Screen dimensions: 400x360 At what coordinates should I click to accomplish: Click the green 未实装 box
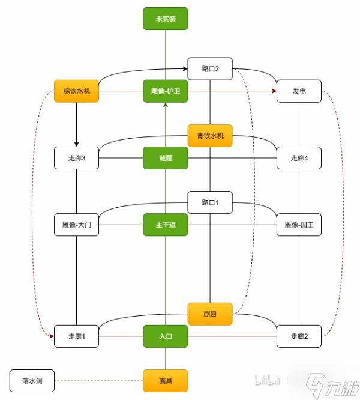tap(166, 19)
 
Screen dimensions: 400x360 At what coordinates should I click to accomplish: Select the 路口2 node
tap(210, 68)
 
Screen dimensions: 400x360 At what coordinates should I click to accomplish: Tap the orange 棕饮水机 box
tap(76, 91)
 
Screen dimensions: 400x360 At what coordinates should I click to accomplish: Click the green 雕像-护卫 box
tap(166, 91)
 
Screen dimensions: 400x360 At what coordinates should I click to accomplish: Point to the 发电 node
tap(299, 91)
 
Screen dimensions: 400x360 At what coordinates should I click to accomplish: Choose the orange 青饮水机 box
tap(210, 136)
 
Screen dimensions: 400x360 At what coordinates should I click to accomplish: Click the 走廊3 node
tap(76, 158)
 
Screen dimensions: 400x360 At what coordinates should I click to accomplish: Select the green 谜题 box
tap(166, 158)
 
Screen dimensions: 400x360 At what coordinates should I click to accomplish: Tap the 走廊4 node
tap(299, 158)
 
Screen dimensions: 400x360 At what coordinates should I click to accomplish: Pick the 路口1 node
tap(210, 202)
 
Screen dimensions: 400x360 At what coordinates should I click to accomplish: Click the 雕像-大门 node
tap(76, 225)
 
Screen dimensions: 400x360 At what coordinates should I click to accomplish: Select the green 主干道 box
tap(166, 225)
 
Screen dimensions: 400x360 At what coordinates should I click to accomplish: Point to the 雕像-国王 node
tap(299, 225)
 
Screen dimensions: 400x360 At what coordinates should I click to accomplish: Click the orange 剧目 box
tap(210, 314)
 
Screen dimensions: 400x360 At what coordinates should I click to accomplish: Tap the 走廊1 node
tap(76, 336)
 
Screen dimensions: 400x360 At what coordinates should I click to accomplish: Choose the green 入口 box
tap(166, 336)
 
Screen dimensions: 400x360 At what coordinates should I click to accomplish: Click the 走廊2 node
tap(299, 336)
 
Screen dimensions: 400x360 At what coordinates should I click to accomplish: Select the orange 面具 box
tap(166, 381)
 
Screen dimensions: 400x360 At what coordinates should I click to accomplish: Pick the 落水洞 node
tap(32, 381)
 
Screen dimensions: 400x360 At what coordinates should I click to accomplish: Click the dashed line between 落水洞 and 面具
tap(99, 381)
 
